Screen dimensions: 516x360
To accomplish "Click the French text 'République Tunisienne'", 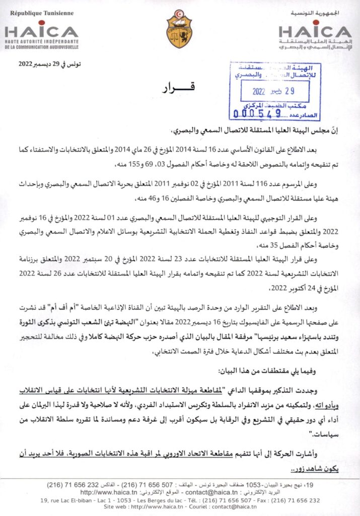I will pos(39,13).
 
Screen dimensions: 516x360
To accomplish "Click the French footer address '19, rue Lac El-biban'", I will pos(68,500).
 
